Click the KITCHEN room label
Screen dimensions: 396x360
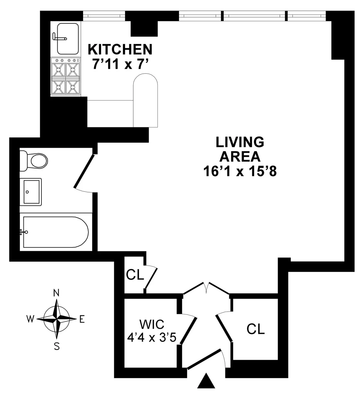tap(120, 49)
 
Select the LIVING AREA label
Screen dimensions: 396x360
tap(240, 149)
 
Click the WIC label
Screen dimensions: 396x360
tap(152, 325)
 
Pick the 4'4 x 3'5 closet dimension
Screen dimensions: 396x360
tap(151, 338)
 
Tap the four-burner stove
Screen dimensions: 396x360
tap(66, 77)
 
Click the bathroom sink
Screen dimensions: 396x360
tap(31, 192)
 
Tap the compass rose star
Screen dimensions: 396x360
tap(56, 319)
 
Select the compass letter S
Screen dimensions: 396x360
tap(57, 347)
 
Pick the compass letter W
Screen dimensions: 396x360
tap(30, 319)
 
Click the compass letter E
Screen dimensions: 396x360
tap(82, 320)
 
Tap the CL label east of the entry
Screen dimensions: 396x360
tap(256, 329)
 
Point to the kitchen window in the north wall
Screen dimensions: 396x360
tap(104, 16)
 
